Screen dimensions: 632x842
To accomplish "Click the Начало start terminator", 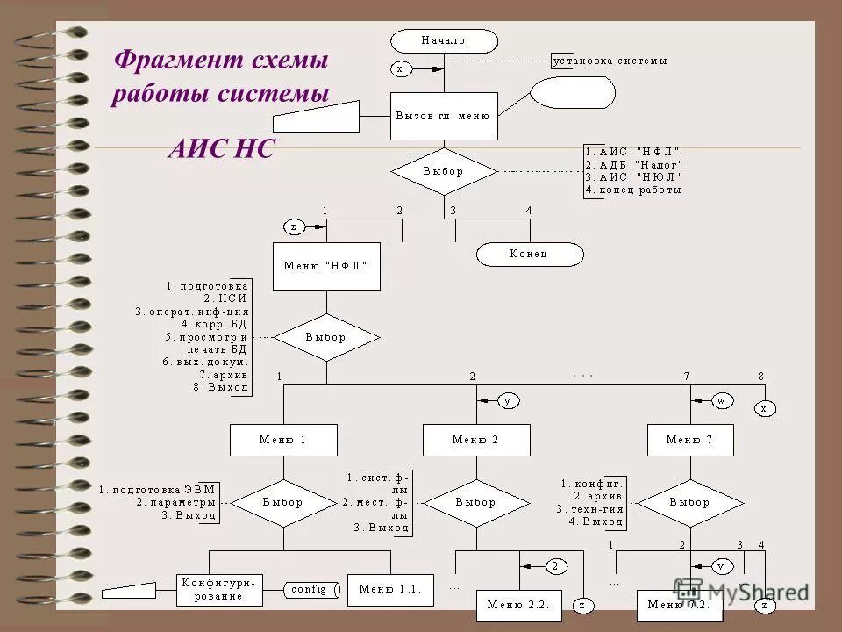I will click(444, 40).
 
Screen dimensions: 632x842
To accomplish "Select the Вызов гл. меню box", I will click(444, 116).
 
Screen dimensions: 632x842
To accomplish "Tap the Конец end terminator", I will click(530, 254).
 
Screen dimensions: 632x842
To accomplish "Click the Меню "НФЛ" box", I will click(326, 266).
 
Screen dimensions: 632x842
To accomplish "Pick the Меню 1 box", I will click(282, 440).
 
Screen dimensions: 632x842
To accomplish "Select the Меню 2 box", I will click(476, 440).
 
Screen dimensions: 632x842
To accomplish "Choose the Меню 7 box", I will click(689, 440).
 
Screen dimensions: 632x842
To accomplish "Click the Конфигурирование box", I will click(221, 589).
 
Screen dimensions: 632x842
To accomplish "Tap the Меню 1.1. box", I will click(390, 589).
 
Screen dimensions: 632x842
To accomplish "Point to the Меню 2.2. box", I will click(518, 605).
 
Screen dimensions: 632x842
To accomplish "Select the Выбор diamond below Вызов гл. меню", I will click(444, 171).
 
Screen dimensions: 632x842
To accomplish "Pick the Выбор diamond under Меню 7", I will click(689, 503).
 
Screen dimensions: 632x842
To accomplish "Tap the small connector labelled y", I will click(508, 400).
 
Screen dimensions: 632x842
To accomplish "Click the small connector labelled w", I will click(722, 400).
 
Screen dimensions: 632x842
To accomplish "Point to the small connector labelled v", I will click(722, 565).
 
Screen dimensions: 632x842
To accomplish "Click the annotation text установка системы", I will click(610, 61).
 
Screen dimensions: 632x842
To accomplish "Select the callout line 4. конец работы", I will click(634, 190).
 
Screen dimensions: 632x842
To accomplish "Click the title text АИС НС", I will click(221, 150).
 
